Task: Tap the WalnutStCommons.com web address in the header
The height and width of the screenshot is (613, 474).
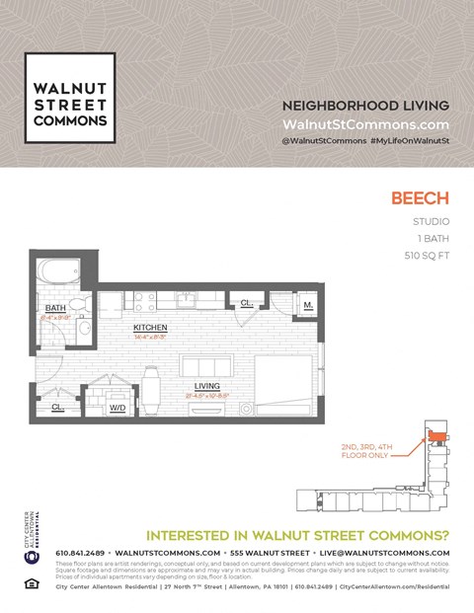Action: tap(365, 125)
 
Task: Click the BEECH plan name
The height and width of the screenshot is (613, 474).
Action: tap(421, 197)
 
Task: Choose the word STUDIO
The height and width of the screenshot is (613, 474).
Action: tap(432, 221)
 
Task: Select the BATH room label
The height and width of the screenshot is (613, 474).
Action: tap(55, 308)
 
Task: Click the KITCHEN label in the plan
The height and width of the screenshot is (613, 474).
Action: tap(150, 327)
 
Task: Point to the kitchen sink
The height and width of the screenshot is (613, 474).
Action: tap(187, 297)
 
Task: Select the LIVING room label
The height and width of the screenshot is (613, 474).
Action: tap(206, 386)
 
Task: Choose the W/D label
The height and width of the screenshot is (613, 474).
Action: tap(117, 407)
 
